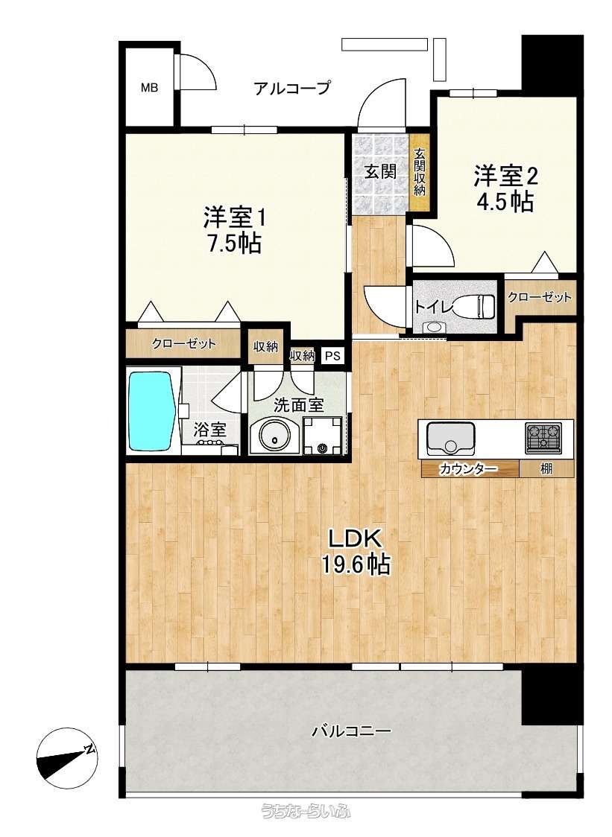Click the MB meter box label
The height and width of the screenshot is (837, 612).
click(x=149, y=88)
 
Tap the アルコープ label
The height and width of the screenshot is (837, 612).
click(x=292, y=88)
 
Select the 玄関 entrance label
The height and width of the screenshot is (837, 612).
click(x=381, y=172)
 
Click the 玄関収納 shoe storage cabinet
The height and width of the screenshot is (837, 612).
click(x=420, y=172)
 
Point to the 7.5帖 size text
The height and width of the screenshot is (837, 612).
click(x=233, y=244)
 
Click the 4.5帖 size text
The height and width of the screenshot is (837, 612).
click(x=505, y=201)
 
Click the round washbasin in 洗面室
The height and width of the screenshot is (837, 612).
click(x=275, y=435)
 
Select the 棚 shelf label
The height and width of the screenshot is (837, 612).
click(x=546, y=469)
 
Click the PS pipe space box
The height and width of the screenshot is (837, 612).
click(x=332, y=356)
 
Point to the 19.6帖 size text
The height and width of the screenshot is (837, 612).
click(x=356, y=564)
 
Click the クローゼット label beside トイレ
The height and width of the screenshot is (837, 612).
click(x=539, y=297)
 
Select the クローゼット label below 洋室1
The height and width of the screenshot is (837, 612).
click(x=183, y=344)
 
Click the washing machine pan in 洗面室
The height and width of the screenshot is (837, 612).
click(x=322, y=435)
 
